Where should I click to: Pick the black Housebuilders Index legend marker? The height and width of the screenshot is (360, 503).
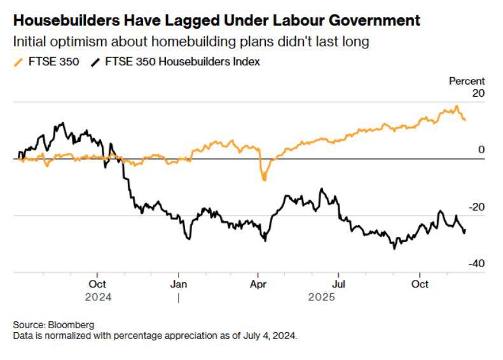click(x=95, y=62)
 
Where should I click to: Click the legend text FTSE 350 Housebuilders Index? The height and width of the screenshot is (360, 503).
click(x=183, y=62)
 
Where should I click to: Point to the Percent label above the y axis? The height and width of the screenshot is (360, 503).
click(x=467, y=81)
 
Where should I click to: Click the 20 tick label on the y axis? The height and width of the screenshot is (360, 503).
click(x=478, y=93)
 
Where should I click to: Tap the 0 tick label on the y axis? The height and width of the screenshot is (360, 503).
click(x=481, y=150)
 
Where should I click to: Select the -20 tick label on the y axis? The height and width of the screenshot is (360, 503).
click(x=476, y=207)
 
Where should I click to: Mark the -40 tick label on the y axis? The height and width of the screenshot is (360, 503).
click(x=476, y=264)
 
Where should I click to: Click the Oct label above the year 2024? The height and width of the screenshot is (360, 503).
click(x=97, y=284)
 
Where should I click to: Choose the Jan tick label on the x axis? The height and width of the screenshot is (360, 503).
click(x=179, y=284)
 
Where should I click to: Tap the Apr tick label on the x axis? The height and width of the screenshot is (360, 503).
click(x=258, y=284)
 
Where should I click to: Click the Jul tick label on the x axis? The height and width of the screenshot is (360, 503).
click(x=340, y=284)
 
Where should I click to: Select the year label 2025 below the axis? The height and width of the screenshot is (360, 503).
click(x=322, y=296)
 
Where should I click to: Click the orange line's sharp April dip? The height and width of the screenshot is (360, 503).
click(x=264, y=179)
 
